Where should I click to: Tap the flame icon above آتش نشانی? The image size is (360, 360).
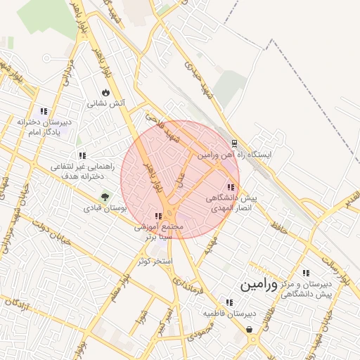(x=105, y=92)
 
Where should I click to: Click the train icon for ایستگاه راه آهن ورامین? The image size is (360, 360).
(x=234, y=141)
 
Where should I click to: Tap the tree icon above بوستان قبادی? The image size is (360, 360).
(x=105, y=197)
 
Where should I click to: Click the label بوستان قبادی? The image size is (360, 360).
(x=104, y=208)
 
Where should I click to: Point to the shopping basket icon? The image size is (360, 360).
(x=250, y=328)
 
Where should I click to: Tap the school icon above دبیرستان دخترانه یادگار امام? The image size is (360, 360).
(x=44, y=111)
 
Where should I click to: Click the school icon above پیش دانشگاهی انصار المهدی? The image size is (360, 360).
(x=231, y=187)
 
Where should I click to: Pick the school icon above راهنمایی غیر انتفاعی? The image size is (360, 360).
(x=82, y=155)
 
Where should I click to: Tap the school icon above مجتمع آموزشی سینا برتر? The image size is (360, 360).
(x=158, y=217)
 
